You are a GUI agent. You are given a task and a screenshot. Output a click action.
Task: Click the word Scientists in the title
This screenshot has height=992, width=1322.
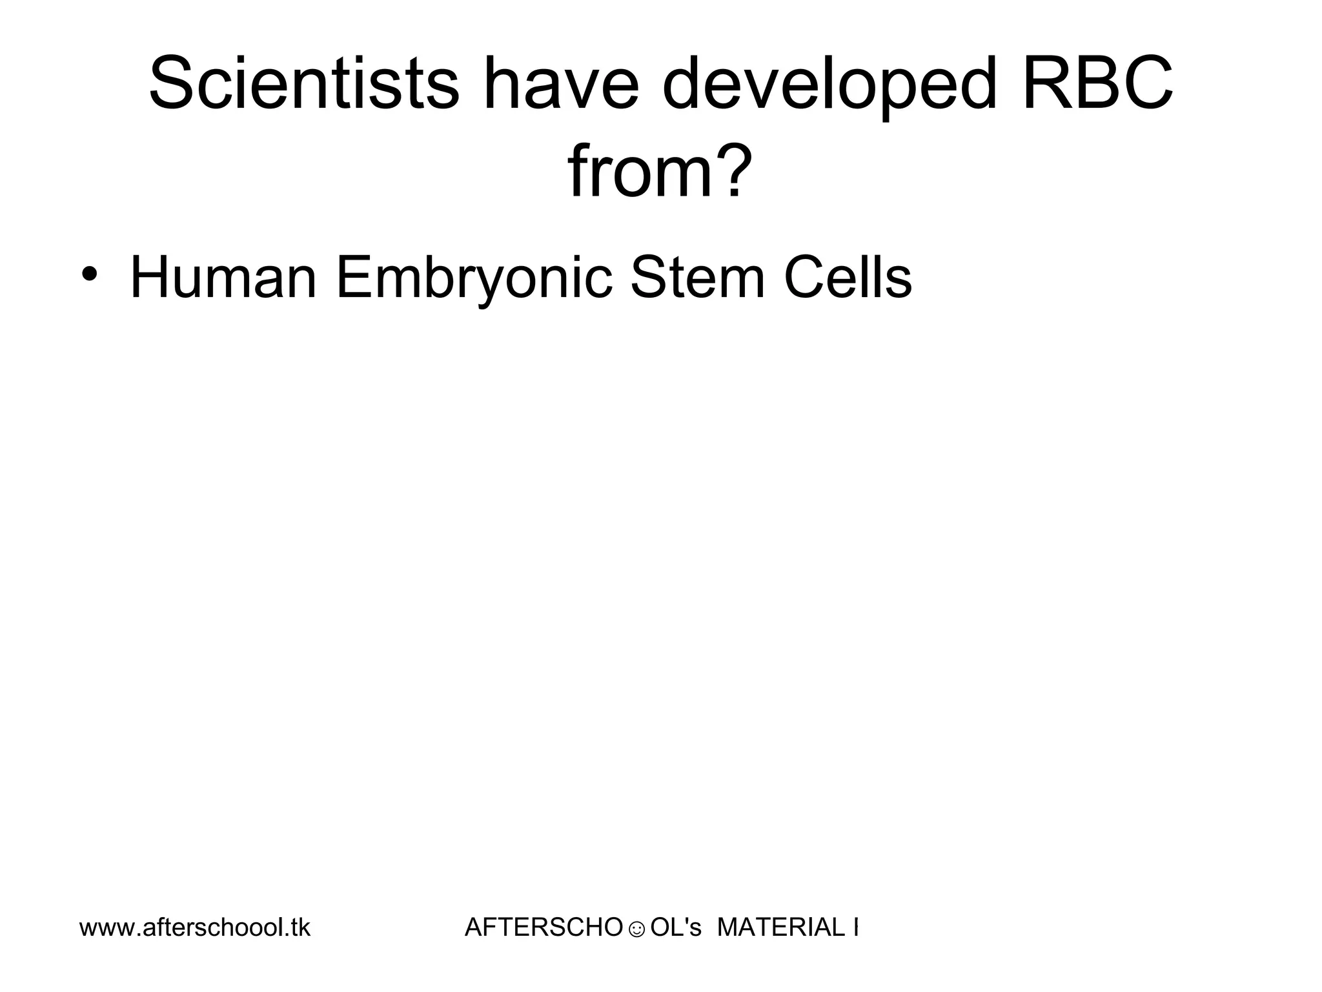[x=303, y=84]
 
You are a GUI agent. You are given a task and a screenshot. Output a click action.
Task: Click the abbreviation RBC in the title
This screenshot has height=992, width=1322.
[x=1097, y=84]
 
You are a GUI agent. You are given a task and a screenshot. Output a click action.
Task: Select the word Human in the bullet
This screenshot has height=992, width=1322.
[x=223, y=278]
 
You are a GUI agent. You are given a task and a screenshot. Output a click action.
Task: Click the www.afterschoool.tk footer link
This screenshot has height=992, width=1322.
[x=195, y=927]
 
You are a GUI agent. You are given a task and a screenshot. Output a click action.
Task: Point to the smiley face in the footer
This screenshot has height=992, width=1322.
[x=636, y=929]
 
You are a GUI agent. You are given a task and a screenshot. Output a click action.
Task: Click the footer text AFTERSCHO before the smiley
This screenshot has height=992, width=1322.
[x=544, y=927]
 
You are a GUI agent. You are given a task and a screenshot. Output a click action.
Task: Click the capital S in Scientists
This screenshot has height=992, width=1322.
[x=173, y=84]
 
